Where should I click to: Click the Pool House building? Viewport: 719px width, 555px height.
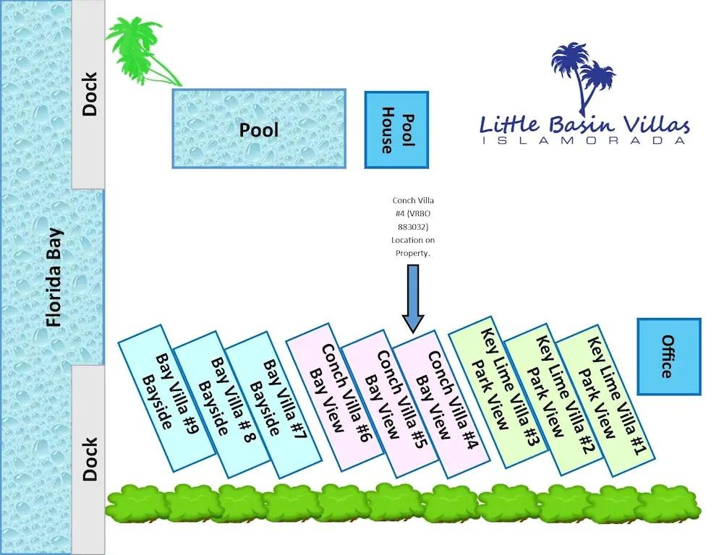point(396,130)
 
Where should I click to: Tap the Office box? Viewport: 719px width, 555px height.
point(668,357)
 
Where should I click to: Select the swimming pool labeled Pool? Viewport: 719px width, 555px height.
point(259,129)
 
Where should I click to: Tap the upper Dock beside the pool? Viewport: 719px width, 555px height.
point(90,94)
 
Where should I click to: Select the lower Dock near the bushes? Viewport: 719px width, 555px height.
point(90,459)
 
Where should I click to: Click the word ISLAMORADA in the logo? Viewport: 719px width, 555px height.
point(582,140)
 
